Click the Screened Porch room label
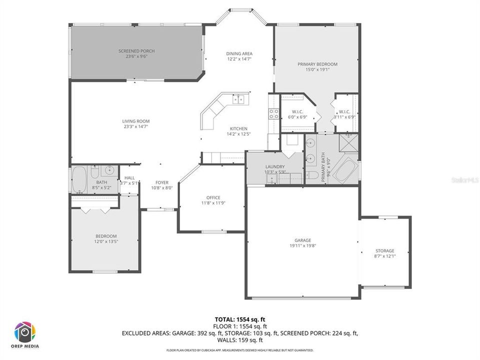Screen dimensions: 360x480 (136, 51)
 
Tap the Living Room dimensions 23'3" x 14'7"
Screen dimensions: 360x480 (136, 126)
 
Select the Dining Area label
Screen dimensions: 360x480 (239, 53)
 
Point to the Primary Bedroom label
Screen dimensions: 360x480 (317, 64)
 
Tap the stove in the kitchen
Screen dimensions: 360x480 (274, 114)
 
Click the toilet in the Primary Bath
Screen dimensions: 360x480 (312, 175)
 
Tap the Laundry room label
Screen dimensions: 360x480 (275, 166)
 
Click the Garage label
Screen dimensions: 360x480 (300, 240)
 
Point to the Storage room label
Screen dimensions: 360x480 (385, 250)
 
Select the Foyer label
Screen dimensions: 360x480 (162, 182)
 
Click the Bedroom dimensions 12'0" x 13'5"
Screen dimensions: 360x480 (106, 241)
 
